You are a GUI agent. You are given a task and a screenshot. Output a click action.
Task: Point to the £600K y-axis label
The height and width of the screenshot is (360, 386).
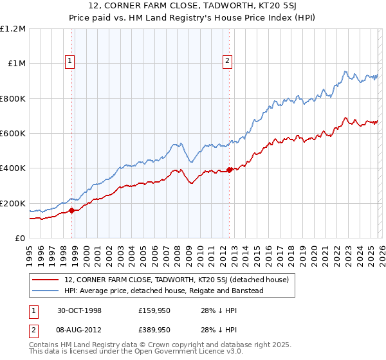point(13,134)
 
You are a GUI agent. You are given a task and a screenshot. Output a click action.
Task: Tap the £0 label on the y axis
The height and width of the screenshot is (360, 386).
point(21,239)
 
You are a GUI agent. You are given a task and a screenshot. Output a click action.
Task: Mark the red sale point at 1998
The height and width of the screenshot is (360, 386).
point(72,210)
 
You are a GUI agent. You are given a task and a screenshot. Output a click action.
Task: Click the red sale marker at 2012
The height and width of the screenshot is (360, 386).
point(230,170)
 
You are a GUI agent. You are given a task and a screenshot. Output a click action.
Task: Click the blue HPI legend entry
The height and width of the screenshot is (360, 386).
point(164,291)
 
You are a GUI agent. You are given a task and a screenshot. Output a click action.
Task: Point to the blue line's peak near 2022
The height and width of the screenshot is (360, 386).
point(345,71)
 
